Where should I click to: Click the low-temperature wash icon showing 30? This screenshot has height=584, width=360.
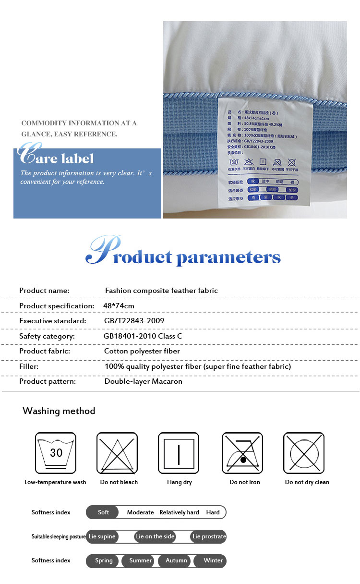(56, 453)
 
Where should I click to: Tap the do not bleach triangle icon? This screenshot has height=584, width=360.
(117, 453)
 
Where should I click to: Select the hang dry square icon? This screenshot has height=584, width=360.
(179, 453)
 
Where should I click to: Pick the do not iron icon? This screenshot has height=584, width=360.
(242, 453)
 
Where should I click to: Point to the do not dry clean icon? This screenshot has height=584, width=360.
(303, 453)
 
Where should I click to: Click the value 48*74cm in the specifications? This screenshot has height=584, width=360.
(119, 306)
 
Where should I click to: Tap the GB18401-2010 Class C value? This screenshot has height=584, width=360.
(143, 336)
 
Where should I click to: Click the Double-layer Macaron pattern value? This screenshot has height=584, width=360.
(144, 382)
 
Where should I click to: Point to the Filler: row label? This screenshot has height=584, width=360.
(29, 366)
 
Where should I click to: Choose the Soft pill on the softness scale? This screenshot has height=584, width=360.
(103, 512)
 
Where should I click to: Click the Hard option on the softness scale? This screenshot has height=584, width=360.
(213, 512)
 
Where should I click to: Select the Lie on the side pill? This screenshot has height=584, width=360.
(155, 536)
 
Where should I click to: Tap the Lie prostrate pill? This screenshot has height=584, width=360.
(209, 536)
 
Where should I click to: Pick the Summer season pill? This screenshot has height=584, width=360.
(140, 560)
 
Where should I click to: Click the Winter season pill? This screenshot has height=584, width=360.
(213, 560)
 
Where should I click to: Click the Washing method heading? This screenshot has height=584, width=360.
(59, 411)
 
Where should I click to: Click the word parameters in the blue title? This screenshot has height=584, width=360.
(228, 257)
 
